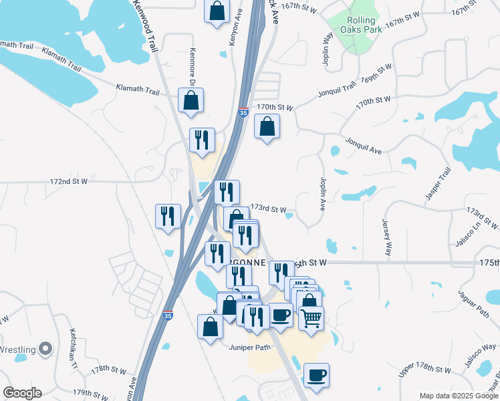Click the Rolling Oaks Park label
[362, 25]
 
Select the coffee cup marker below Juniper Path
[316, 374]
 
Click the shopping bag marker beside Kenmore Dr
[191, 100]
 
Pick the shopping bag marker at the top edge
[217, 11]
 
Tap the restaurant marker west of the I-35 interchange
[167, 216]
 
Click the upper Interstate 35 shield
[243, 114]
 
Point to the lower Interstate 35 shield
[168, 315]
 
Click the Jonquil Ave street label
[364, 146]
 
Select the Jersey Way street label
[386, 237]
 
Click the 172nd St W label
[69, 181]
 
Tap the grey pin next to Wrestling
[45, 348]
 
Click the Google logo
[22, 393]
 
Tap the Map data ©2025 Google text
[459, 396]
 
